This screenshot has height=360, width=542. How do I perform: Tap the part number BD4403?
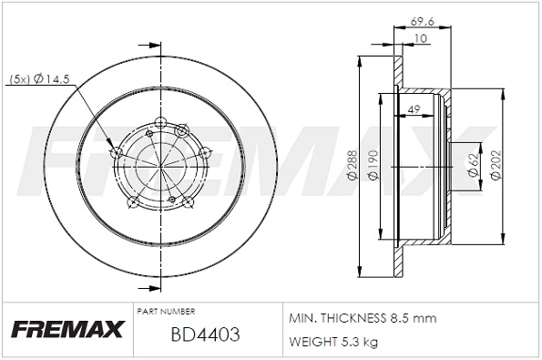pyautogui.click(x=205, y=334)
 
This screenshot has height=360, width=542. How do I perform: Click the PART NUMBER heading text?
pyautogui.click(x=164, y=311)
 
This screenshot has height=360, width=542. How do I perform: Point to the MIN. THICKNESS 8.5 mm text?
pyautogui.click(x=362, y=318)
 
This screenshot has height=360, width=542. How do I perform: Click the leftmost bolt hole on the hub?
pyautogui.click(x=115, y=152)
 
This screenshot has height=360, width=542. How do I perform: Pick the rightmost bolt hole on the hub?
pyautogui.click(x=205, y=152)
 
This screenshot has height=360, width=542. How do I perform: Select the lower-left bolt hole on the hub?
pyautogui.click(x=132, y=202)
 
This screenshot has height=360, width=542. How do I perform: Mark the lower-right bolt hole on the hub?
pyautogui.click(x=187, y=202)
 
